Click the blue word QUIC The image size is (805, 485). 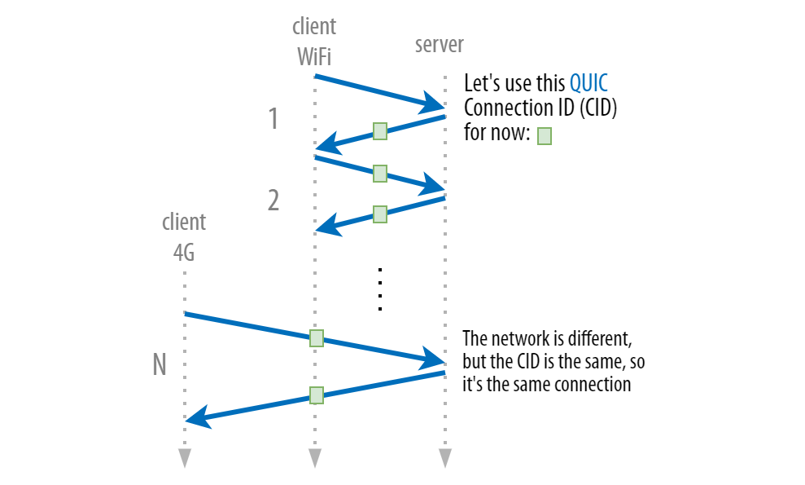click(x=588, y=83)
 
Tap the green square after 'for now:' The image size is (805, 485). click(x=545, y=136)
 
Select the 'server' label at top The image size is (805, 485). click(x=439, y=44)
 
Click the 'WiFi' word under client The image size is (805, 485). click(x=313, y=57)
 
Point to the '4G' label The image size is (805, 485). click(x=184, y=253)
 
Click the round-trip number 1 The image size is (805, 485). click(x=273, y=120)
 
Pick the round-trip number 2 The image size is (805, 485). click(x=273, y=200)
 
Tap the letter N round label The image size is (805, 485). click(x=160, y=365)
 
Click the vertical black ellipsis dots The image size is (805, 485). click(x=380, y=289)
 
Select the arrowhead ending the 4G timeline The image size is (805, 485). click(x=185, y=458)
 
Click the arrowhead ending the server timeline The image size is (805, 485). click(x=444, y=458)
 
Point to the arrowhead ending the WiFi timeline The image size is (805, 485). click(x=314, y=458)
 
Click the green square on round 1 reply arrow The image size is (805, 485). click(x=379, y=131)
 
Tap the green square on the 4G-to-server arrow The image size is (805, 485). click(x=317, y=337)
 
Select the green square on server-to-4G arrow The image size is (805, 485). click(x=317, y=395)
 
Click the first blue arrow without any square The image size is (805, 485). click(x=374, y=90)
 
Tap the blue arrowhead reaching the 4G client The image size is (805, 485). click(x=195, y=419)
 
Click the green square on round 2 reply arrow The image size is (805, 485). click(x=379, y=214)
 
